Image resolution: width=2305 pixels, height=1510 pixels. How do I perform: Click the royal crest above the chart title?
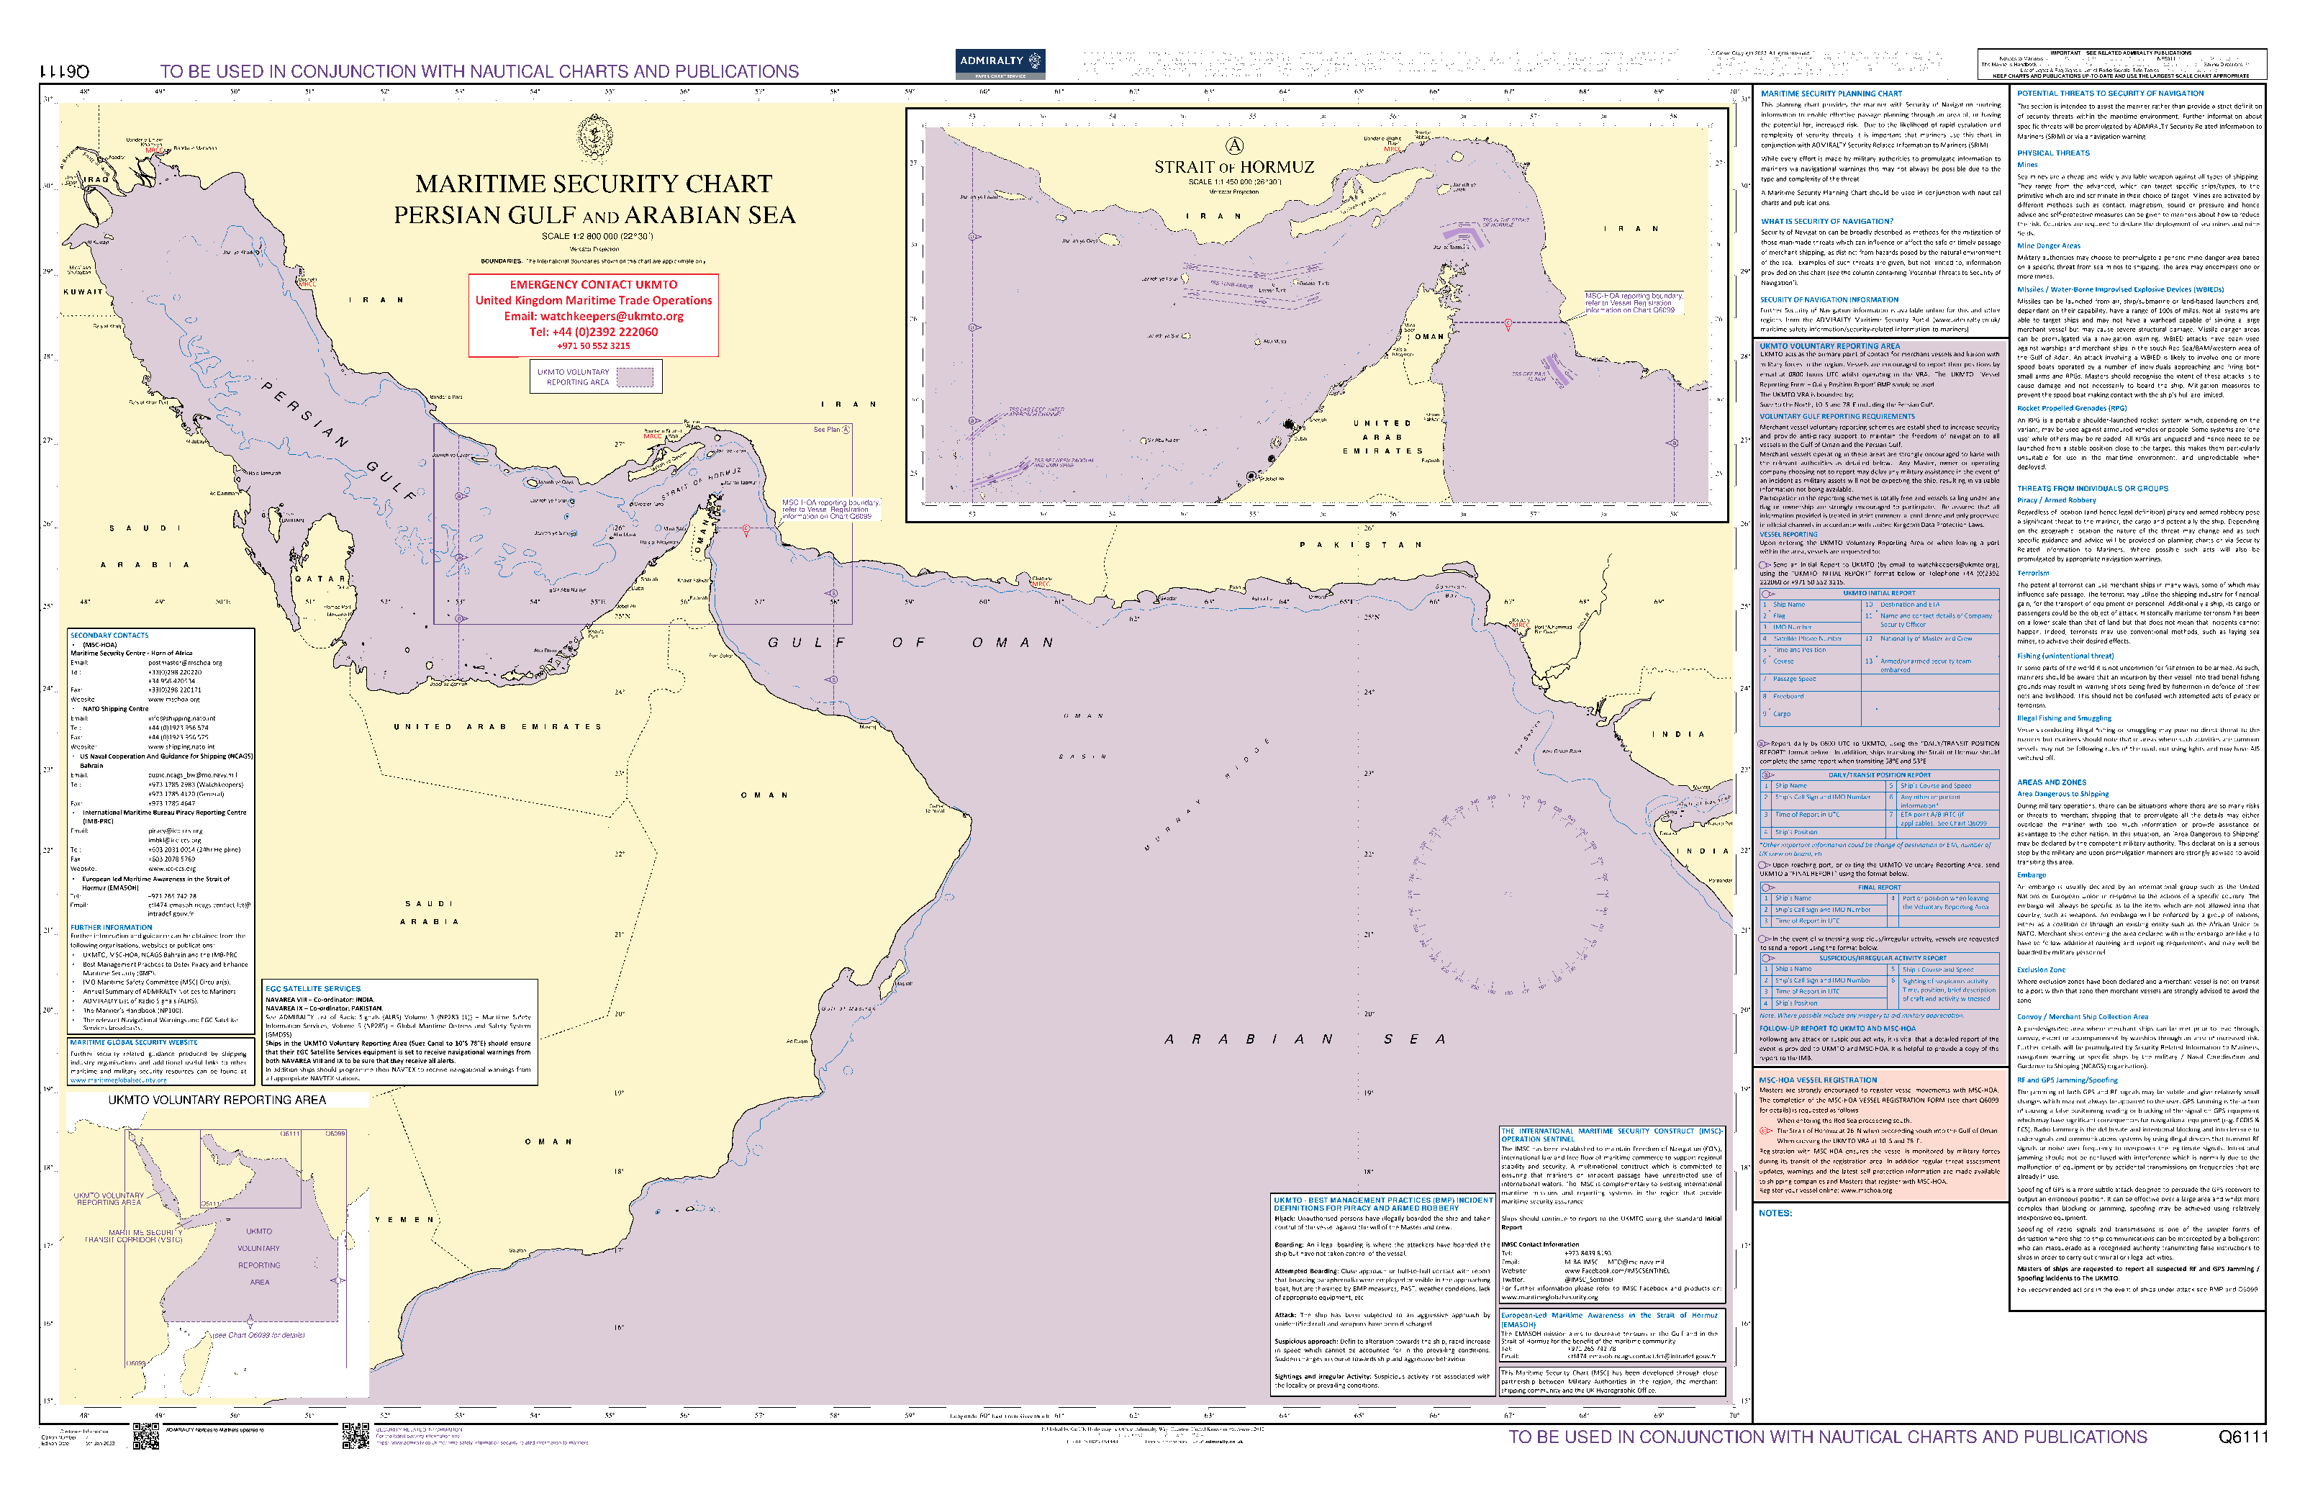pyautogui.click(x=594, y=137)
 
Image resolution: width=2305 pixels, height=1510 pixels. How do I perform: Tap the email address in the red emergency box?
pyautogui.click(x=593, y=316)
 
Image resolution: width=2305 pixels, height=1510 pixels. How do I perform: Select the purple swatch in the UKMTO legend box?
pyautogui.click(x=635, y=376)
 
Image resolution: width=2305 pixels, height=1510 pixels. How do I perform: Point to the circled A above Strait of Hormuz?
pyautogui.click(x=1234, y=146)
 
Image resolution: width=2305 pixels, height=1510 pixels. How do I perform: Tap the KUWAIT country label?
pyautogui.click(x=83, y=291)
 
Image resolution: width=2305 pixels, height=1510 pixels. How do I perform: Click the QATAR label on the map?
pyautogui.click(x=320, y=579)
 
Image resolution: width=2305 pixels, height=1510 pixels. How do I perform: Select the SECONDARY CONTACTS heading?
pyautogui.click(x=109, y=636)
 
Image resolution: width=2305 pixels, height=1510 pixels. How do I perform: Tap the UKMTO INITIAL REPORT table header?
pyautogui.click(x=1878, y=593)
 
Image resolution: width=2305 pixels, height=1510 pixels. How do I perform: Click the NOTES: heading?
pyautogui.click(x=1775, y=1213)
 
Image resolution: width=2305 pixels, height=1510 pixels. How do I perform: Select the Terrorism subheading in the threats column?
pyautogui.click(x=2033, y=572)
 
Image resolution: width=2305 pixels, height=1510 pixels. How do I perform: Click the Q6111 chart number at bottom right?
pyautogui.click(x=2242, y=1437)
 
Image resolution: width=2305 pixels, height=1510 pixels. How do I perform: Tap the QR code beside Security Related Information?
pyautogui.click(x=356, y=1435)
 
